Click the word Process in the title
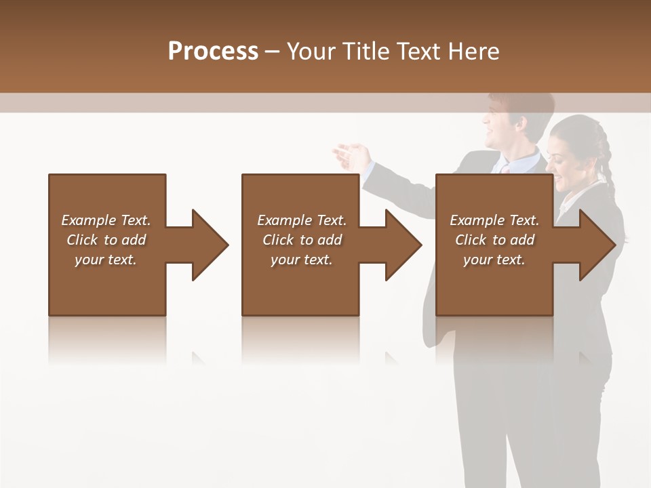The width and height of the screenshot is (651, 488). [x=213, y=52]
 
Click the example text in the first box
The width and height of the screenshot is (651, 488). [x=106, y=240]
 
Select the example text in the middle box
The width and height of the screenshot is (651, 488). [x=302, y=240]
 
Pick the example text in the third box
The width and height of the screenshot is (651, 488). [x=494, y=240]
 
